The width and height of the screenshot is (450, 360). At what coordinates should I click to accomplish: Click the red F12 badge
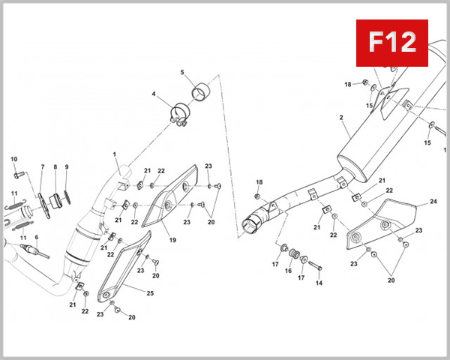click(390, 42)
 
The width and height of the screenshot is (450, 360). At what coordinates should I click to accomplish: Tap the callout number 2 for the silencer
click(341, 118)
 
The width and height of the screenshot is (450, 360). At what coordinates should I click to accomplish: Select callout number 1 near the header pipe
click(115, 155)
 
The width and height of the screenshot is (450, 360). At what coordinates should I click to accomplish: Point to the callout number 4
click(154, 94)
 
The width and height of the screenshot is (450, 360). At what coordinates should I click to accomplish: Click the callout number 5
click(181, 73)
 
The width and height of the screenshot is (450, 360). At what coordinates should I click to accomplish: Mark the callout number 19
click(172, 241)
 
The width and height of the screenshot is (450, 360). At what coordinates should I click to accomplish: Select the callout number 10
click(13, 159)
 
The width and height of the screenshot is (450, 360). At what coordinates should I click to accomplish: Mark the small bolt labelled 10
click(17, 175)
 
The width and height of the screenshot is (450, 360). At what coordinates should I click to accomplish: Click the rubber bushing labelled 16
click(294, 253)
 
